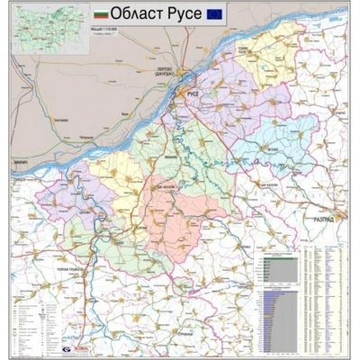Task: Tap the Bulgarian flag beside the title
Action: (101, 14)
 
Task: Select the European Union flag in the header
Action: (216, 13)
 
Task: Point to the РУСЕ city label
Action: (192, 91)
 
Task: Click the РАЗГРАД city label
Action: (325, 219)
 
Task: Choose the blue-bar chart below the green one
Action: (274, 317)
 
